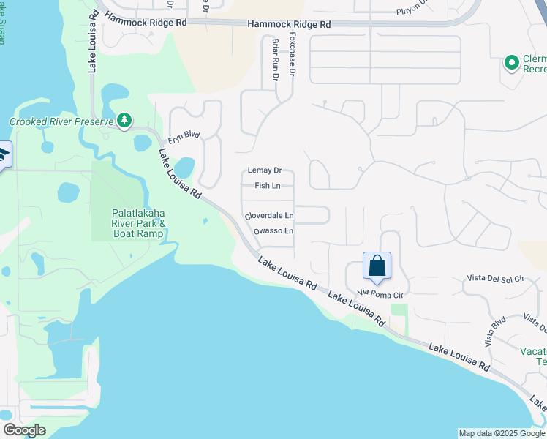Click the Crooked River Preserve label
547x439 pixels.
click(61, 121)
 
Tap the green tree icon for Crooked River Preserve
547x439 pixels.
click(124, 119)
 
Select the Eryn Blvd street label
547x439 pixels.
click(184, 135)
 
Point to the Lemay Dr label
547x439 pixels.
click(265, 170)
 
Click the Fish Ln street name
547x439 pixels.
click(267, 186)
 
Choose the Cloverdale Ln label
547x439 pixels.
click(269, 216)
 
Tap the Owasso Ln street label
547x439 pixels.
click(273, 231)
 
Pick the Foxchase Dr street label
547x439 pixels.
click(292, 54)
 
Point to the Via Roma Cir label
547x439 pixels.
click(380, 295)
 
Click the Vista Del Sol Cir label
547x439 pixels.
click(496, 279)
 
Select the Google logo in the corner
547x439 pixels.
click(24, 430)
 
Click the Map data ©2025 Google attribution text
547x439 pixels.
click(501, 433)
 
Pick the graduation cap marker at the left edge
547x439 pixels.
click(4, 155)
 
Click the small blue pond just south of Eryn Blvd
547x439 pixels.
click(184, 168)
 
